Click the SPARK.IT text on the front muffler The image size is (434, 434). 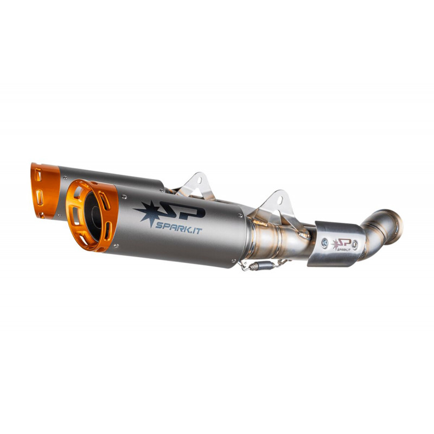coord(178,227)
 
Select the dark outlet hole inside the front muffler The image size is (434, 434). coord(93,216)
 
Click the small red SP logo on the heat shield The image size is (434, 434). coord(341,245)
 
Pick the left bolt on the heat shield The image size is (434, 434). coord(324,243)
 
